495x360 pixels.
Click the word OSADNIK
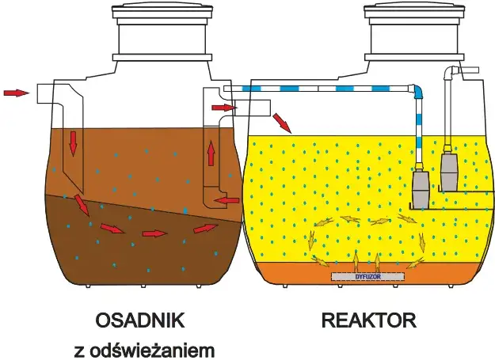pos(140,320)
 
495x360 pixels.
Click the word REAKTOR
pos(368,320)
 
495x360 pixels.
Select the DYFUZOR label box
pos(367,277)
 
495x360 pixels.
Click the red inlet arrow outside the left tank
pos(14,93)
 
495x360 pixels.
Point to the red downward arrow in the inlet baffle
pos(73,142)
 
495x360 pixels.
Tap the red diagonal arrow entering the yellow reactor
pos(281,123)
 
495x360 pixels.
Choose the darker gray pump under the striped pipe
pos(421,190)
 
